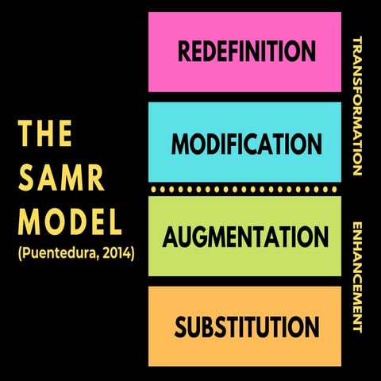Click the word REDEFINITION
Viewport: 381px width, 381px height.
coord(247,52)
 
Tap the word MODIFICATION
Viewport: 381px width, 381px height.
coord(247,144)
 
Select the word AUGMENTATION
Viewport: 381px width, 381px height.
coord(247,236)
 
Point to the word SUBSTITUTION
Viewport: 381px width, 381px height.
coord(247,326)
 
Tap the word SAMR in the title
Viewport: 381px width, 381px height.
coord(62,178)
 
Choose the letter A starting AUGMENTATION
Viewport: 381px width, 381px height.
coord(170,236)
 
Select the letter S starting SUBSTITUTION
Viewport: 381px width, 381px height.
coord(181,326)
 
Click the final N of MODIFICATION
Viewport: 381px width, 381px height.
coord(313,144)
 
